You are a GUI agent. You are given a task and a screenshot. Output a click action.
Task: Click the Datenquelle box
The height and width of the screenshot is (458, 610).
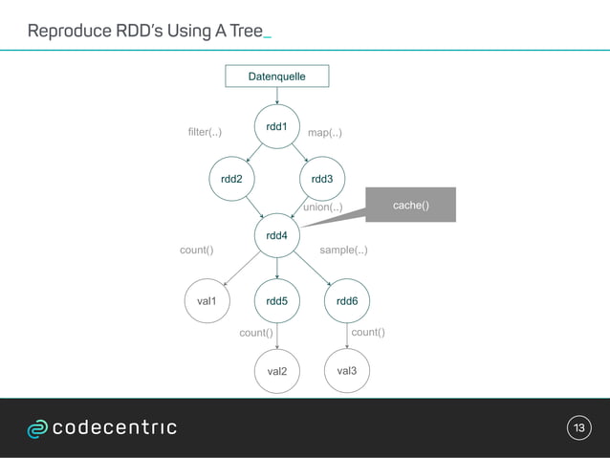point(277,76)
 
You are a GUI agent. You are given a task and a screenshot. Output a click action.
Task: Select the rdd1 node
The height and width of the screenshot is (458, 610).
point(277,127)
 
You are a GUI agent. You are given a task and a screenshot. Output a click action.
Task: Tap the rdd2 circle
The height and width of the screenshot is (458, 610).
point(231,178)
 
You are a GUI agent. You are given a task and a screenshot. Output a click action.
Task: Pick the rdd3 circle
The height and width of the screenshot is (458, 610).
point(323,178)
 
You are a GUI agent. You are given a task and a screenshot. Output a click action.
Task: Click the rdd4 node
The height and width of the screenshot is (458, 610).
point(277,234)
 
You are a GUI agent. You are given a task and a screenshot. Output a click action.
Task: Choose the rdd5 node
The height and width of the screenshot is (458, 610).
point(277,301)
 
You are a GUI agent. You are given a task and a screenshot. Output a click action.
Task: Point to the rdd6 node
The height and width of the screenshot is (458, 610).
point(347,301)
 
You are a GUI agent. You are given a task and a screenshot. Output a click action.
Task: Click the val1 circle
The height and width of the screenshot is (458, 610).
point(207,301)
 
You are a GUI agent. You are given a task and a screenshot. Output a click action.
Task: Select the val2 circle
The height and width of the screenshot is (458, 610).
point(277,370)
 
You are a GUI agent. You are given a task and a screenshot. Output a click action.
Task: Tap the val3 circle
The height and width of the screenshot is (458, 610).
point(347,369)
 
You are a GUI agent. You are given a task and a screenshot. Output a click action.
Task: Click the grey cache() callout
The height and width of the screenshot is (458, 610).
point(410,206)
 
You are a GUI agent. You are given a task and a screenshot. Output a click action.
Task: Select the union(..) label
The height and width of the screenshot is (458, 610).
point(322,207)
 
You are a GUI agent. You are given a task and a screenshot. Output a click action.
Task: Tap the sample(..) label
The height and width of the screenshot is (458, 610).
point(343,251)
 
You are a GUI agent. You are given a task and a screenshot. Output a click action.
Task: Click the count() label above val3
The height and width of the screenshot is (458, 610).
point(368,332)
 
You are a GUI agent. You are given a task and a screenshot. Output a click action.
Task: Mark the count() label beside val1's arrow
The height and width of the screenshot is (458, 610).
point(196,251)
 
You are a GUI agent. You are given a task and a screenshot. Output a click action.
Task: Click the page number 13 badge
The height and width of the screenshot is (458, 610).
point(578,427)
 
